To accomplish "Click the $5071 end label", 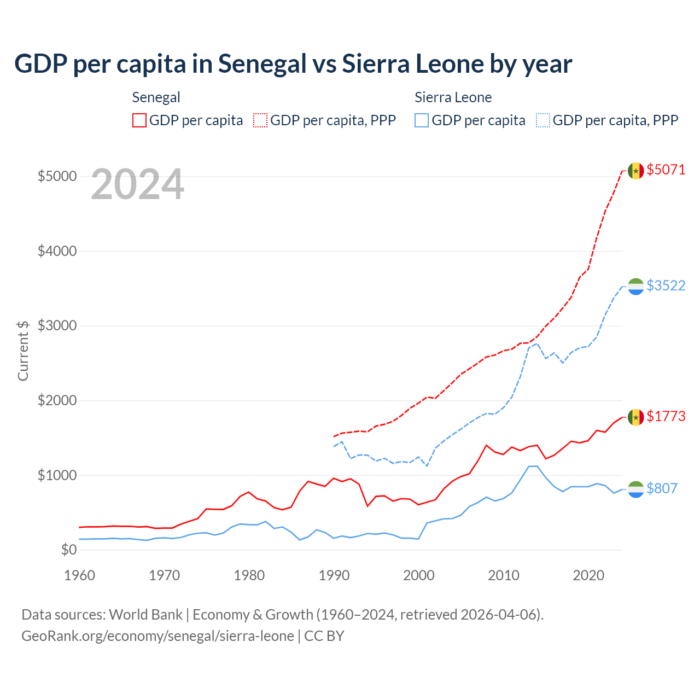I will (666, 170).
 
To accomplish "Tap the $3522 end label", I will (666, 285).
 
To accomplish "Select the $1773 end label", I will (666, 416).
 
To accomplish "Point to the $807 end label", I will (662, 488).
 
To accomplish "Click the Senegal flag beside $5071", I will (635, 171).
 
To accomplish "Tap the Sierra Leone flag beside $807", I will (635, 489).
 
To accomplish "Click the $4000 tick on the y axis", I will (57, 251).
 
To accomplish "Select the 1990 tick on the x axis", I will (334, 575).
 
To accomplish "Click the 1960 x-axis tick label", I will (80, 575).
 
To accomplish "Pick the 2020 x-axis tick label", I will (588, 575).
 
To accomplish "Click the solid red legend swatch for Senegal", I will (139, 120).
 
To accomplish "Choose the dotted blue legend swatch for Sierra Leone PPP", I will (543, 120).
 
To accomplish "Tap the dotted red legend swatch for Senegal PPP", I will (261, 120).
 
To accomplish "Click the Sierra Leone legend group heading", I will (453, 97).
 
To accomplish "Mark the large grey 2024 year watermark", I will (137, 185).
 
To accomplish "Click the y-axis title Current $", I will (23, 351).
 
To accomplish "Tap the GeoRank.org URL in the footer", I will (157, 636).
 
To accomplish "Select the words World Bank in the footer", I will (145, 615).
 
